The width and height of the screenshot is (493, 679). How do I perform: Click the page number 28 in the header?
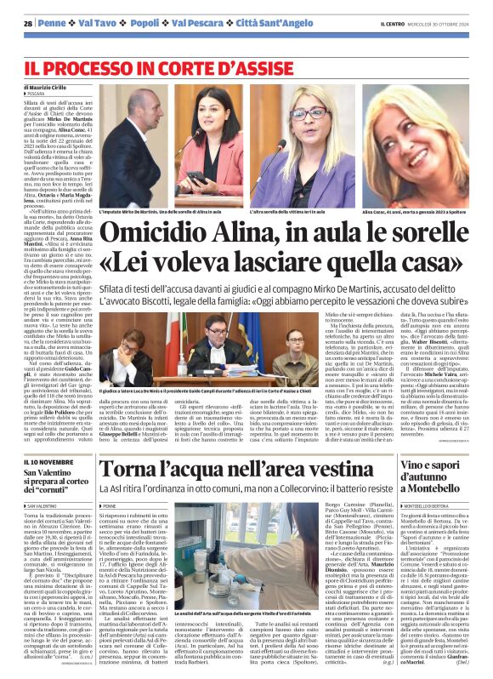(x=28, y=22)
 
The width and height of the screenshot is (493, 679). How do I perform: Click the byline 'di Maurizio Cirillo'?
(x=52, y=88)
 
